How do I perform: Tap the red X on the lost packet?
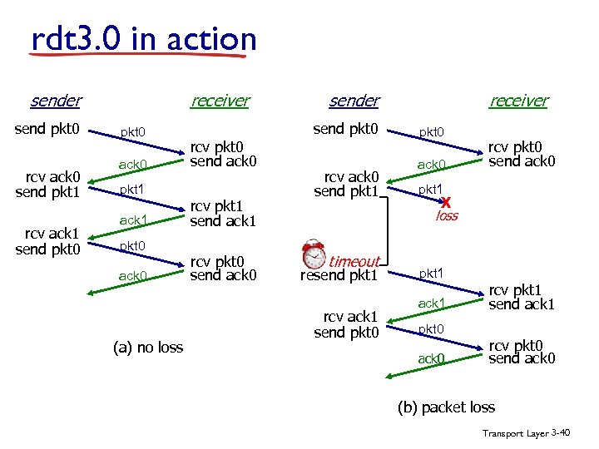447,202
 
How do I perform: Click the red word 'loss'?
447,216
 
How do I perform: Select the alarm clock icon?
314,254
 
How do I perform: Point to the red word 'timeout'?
354,261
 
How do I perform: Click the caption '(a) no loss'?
147,347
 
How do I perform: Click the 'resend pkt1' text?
339,275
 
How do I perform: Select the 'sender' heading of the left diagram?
55,101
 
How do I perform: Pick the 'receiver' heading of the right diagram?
518,101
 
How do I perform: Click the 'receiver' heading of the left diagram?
220,101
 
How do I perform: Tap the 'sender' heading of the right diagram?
354,101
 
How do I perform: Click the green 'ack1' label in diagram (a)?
133,220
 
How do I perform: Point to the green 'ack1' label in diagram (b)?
432,303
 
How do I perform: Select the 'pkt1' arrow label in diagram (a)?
132,190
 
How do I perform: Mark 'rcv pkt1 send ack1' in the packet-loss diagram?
521,298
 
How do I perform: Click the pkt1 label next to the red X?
430,190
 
